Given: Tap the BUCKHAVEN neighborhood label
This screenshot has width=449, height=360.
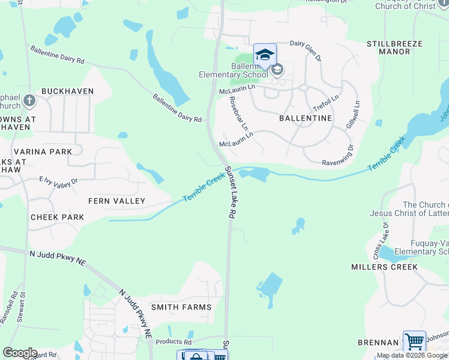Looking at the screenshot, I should (x=68, y=91).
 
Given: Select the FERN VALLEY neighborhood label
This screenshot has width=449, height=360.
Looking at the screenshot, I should (x=116, y=200).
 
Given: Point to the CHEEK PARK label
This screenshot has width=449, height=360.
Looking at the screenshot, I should (x=57, y=217).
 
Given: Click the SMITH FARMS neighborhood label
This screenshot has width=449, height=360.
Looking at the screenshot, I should (x=181, y=307).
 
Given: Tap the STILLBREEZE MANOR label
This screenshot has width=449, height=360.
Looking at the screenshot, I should (x=394, y=48).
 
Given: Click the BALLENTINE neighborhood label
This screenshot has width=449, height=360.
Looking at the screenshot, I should (x=306, y=118).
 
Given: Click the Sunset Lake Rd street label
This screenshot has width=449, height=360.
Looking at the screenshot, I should (x=230, y=192).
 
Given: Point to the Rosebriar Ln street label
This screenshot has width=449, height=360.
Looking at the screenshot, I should (x=238, y=114).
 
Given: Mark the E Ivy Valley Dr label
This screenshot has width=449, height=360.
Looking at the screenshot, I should (x=58, y=181).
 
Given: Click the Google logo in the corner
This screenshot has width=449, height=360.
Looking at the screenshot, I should (x=19, y=353).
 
